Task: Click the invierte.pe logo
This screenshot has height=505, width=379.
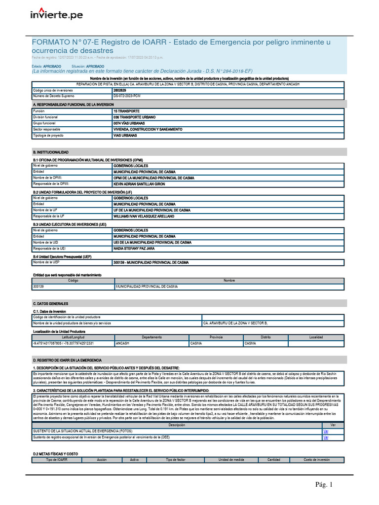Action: click(x=57, y=16)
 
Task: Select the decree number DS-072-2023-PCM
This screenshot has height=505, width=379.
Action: click(x=127, y=96)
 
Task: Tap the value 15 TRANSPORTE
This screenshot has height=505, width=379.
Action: click(x=126, y=111)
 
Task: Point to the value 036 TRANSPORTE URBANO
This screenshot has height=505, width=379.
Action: click(x=134, y=117)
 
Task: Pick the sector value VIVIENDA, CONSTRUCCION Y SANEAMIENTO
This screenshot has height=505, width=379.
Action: click(x=148, y=129)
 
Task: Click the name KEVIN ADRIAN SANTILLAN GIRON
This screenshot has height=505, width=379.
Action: click(x=139, y=183)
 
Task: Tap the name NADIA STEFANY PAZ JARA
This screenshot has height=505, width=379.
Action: click(x=133, y=249)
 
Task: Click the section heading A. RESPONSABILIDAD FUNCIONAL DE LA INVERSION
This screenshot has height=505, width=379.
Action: click(x=73, y=105)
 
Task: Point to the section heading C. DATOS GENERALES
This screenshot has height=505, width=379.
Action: click(x=50, y=303)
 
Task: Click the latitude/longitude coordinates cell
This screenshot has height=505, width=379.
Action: click(x=63, y=343)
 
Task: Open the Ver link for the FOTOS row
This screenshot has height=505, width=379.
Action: click(x=326, y=431)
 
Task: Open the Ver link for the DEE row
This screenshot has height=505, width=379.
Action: click(x=326, y=437)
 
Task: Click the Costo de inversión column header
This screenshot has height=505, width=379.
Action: click(x=316, y=460)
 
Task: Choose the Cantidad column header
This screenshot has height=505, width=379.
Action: click(x=273, y=460)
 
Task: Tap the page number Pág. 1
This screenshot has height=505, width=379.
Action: click(x=325, y=485)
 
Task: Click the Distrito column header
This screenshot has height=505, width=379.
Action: click(x=266, y=337)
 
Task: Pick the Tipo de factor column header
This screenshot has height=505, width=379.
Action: click(x=175, y=460)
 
